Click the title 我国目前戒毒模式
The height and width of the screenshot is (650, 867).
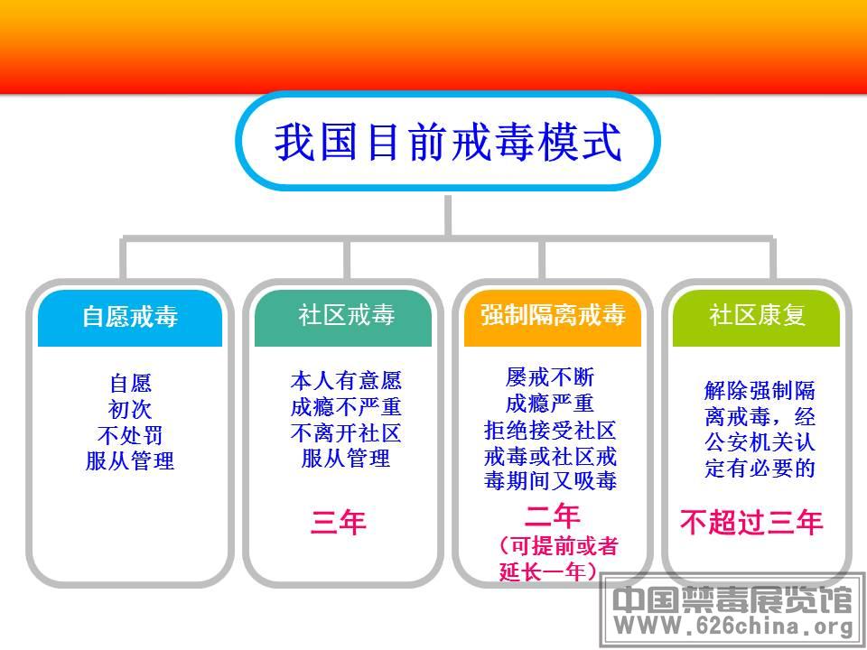click(x=448, y=142)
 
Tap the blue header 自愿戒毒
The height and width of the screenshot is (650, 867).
click(x=130, y=317)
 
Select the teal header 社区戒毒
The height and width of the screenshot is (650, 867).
click(x=347, y=316)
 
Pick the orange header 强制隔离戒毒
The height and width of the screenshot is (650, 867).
click(x=553, y=315)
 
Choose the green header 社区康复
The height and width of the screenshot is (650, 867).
click(x=757, y=315)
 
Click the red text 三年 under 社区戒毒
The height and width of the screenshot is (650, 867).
click(x=339, y=523)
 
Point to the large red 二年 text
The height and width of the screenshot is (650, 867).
click(x=553, y=516)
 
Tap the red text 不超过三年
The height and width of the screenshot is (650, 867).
click(x=751, y=523)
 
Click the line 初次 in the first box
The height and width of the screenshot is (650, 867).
click(x=130, y=410)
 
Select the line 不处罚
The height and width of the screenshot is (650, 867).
click(x=130, y=435)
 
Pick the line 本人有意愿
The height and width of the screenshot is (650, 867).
click(x=346, y=381)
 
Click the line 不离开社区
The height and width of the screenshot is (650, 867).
click(x=346, y=433)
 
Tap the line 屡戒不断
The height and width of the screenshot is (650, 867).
click(x=550, y=378)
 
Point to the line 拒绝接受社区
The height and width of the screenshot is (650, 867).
click(x=550, y=431)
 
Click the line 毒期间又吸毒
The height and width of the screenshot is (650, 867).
click(x=550, y=480)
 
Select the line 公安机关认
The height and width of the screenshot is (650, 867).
click(x=760, y=442)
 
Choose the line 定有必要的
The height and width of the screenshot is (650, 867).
click(x=760, y=469)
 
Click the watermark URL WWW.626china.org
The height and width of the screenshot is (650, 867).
click(x=733, y=627)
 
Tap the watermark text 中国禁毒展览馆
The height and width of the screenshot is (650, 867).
click(x=732, y=599)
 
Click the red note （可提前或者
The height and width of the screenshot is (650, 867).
click(x=558, y=546)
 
